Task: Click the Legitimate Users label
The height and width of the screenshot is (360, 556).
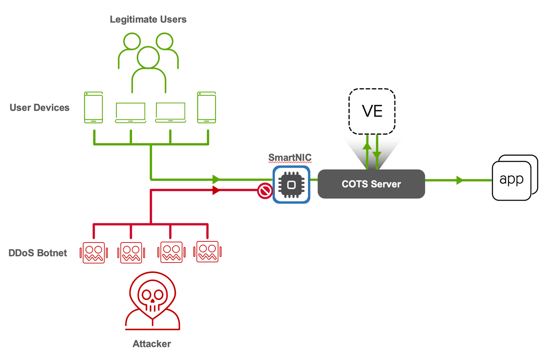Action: point(148,19)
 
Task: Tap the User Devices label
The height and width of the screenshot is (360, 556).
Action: point(40,108)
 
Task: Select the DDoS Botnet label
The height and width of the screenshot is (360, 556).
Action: point(38,253)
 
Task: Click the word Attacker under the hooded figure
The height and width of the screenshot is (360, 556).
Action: point(152,344)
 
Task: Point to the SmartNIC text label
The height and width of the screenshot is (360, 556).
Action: point(290,157)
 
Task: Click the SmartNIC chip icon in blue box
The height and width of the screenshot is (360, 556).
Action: point(291,184)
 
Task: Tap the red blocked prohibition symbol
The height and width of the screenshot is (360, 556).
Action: point(264,191)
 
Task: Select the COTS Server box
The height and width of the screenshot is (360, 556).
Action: point(371,184)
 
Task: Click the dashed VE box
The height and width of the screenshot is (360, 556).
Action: point(372,111)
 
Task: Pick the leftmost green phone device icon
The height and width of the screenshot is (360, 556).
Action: point(93,107)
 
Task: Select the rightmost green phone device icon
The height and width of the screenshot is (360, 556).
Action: point(207,107)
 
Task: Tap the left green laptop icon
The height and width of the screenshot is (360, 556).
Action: point(131,113)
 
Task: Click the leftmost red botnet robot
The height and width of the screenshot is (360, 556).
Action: point(94,253)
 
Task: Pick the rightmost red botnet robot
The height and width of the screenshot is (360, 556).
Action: point(207,252)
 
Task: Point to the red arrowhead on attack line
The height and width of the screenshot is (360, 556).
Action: point(217,190)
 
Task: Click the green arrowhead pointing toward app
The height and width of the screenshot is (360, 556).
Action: point(460,180)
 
